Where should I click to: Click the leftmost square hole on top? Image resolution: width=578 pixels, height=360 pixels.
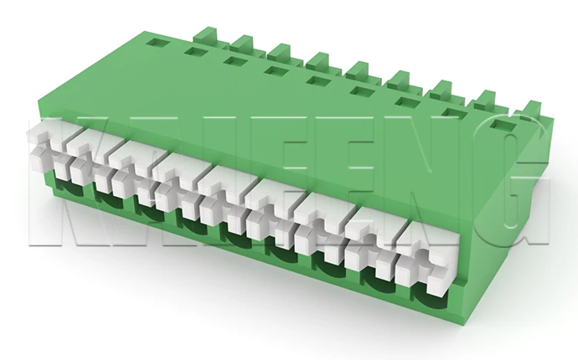157,40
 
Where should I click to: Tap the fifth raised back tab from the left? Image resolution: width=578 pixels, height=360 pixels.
363,71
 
